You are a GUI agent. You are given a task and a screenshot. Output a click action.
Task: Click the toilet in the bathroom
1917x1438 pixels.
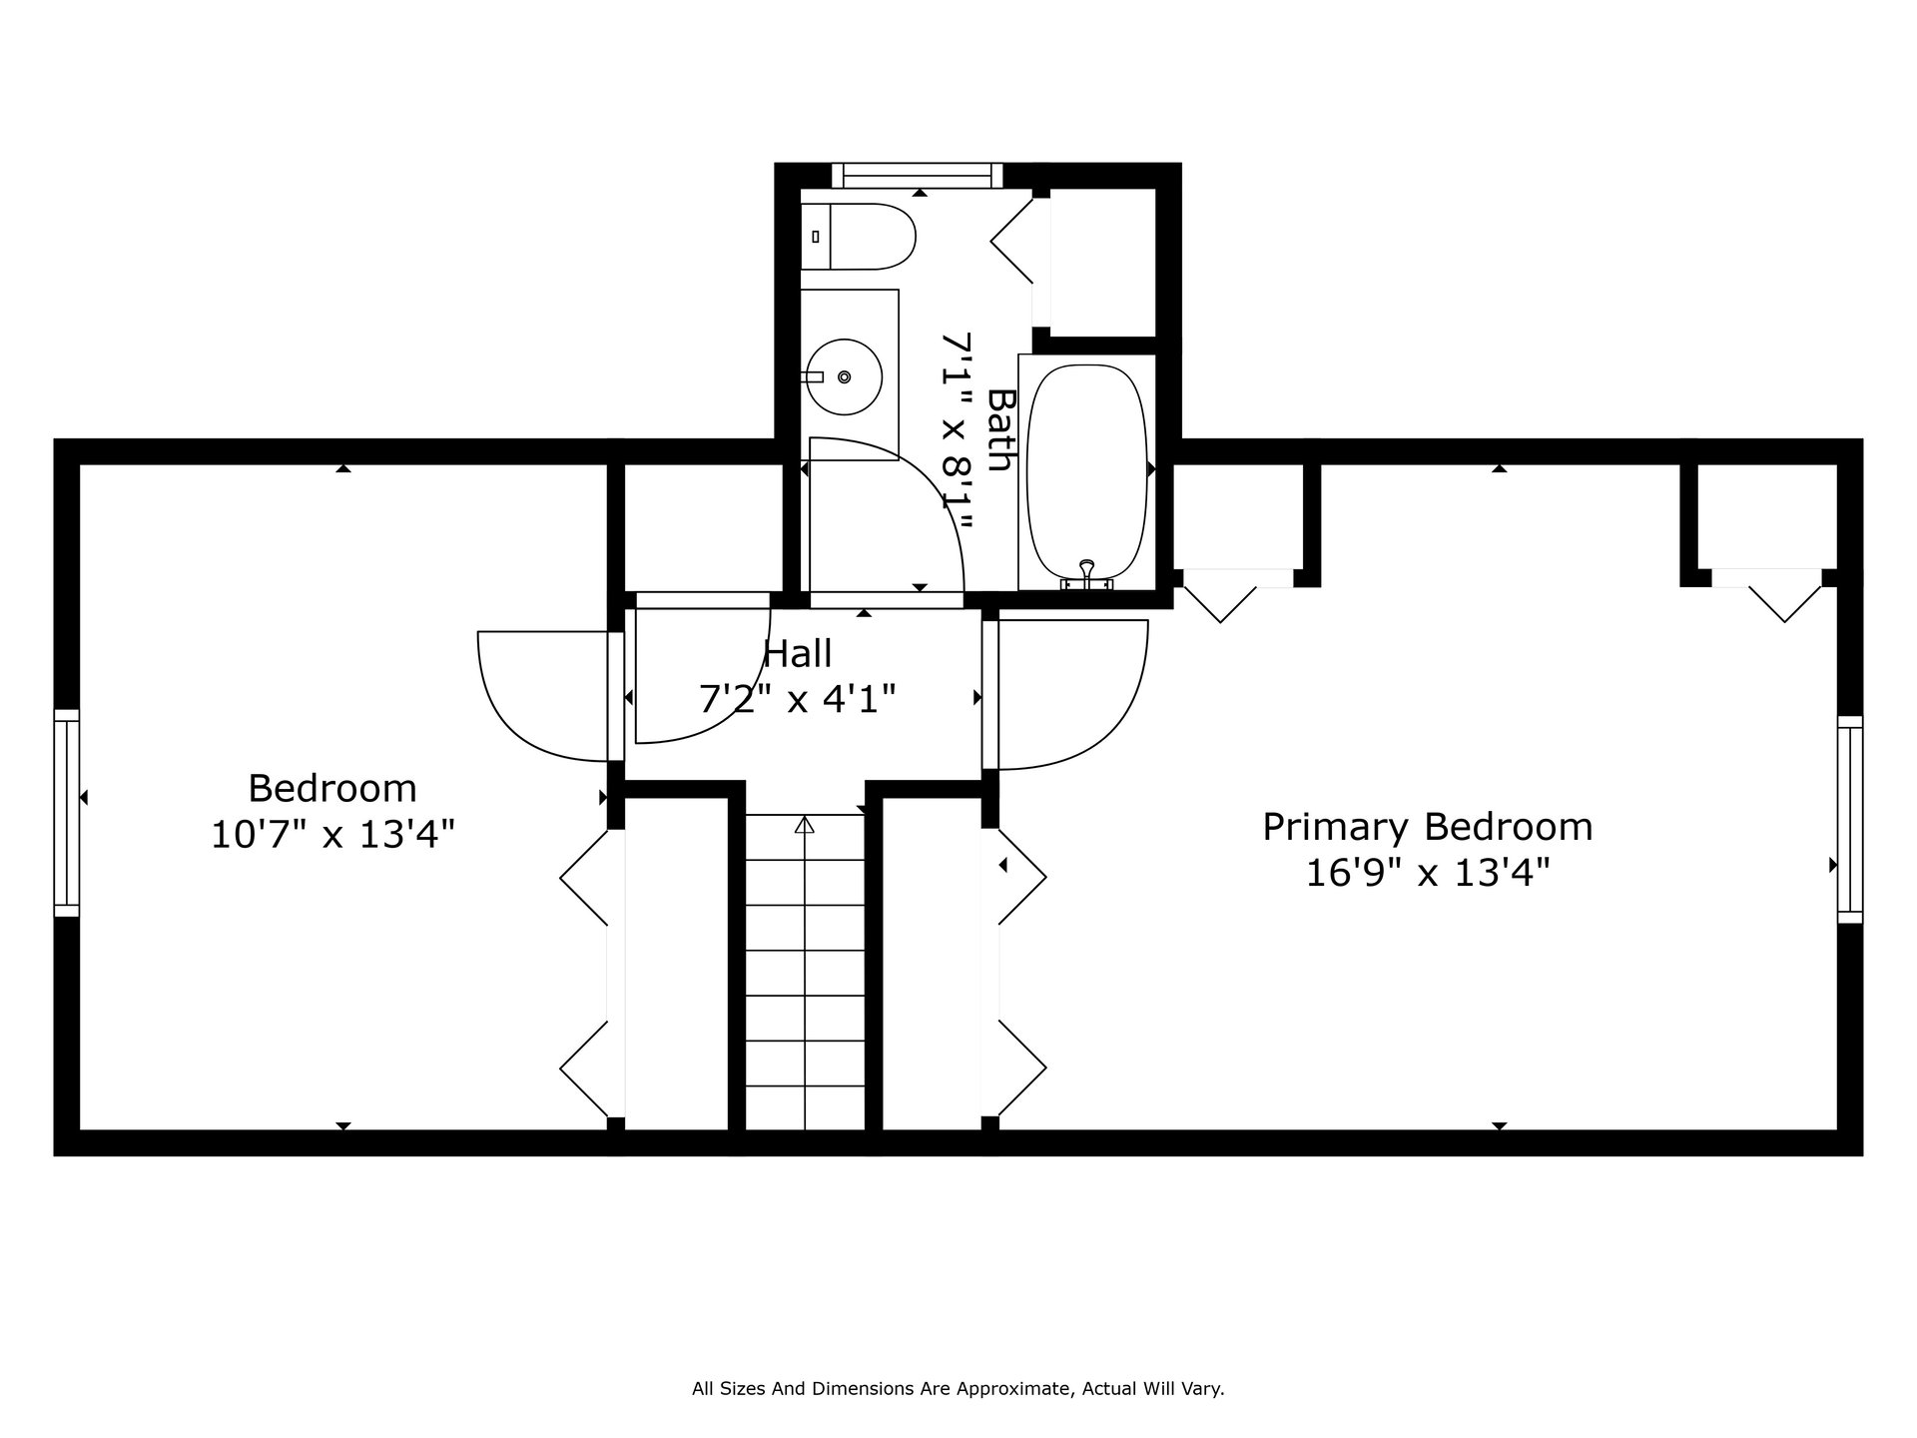(859, 237)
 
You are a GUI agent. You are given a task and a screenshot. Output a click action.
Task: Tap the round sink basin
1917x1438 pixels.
(844, 377)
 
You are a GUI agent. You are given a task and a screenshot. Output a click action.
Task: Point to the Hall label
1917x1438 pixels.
(798, 654)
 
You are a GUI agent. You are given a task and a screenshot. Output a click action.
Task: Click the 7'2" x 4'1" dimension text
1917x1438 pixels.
(798, 699)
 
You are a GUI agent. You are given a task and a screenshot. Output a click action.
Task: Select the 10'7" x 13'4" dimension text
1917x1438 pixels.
(332, 834)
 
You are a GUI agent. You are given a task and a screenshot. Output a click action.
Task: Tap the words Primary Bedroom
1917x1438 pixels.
(1428, 827)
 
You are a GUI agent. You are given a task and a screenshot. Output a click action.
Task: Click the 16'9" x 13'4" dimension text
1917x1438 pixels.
(1428, 874)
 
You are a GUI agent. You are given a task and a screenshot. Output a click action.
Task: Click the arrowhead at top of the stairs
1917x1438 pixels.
(805, 825)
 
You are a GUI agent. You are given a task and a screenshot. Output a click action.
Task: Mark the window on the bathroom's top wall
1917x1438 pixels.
(919, 176)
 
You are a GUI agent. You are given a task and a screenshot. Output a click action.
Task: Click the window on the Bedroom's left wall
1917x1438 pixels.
(66, 813)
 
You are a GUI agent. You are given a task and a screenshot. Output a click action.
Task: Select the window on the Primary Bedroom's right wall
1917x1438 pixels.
(1850, 819)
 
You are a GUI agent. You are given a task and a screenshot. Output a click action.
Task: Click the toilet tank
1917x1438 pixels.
(816, 237)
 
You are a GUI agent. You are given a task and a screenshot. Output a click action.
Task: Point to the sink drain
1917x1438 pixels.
(845, 376)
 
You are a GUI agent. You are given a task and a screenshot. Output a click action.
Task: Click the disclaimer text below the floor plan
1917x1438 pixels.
(958, 1388)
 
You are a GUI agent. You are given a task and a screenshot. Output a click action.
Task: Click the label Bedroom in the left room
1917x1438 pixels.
(332, 788)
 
